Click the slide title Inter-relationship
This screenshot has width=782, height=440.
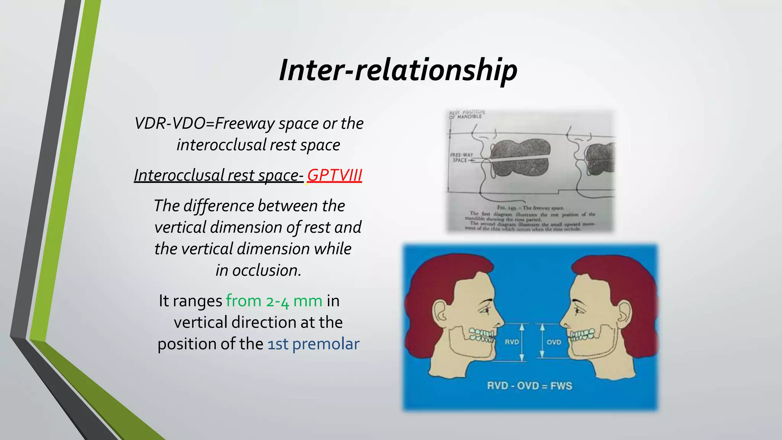[x=398, y=70]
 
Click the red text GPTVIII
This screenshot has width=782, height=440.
[x=334, y=175]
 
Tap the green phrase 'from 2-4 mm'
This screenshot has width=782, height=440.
[x=274, y=301]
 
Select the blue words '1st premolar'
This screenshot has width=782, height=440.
[x=313, y=344]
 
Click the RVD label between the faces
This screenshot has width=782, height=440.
[x=512, y=342]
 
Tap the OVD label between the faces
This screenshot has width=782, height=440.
[x=554, y=342]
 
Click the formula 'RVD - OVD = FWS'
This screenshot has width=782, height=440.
[x=530, y=386]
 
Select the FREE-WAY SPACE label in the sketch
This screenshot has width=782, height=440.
[x=461, y=157]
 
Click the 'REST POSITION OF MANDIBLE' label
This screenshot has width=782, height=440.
[x=467, y=114]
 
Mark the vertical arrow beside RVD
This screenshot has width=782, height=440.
[x=522, y=342]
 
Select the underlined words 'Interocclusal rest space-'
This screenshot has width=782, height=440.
[x=218, y=175]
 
